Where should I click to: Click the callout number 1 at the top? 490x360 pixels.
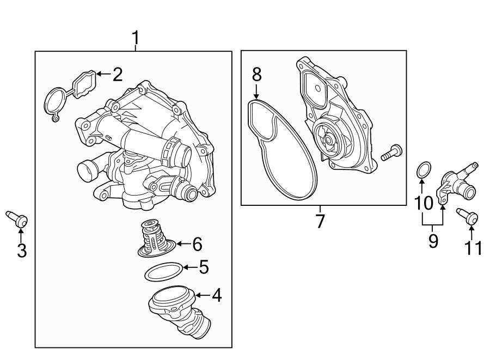click(x=136, y=39)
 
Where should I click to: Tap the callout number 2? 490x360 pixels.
click(x=117, y=75)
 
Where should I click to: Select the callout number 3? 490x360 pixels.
click(x=21, y=251)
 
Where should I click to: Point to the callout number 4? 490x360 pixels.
click(x=216, y=296)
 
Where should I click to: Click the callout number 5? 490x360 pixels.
click(x=203, y=267)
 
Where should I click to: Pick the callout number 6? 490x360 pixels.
click(x=197, y=245)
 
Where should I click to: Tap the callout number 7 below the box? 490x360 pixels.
click(x=320, y=221)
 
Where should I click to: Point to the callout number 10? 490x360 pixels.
click(x=424, y=203)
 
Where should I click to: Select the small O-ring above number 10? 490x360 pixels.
click(x=423, y=170)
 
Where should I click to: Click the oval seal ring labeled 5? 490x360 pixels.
click(x=163, y=271)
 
